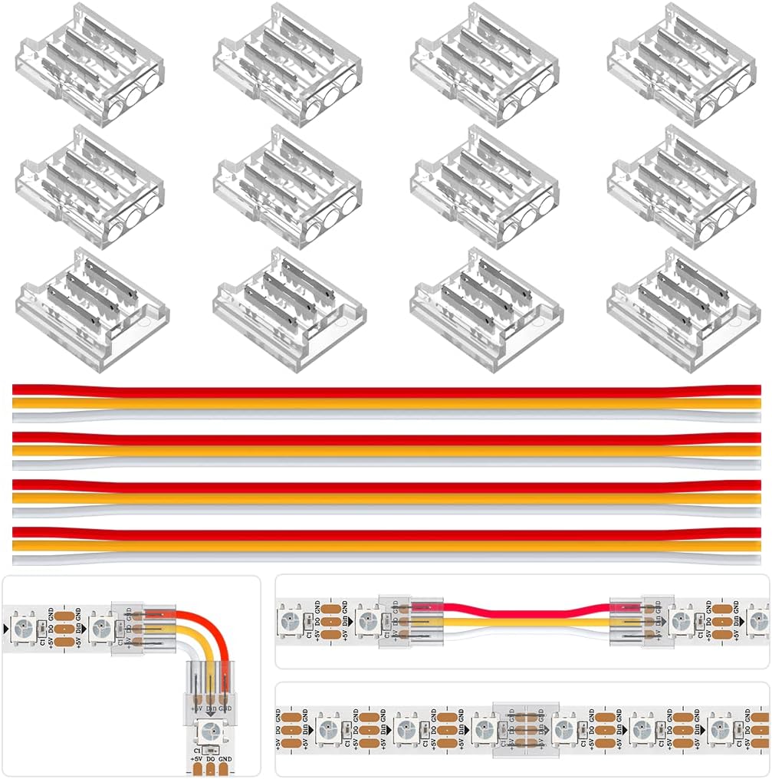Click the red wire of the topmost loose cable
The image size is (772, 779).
pos(383,391)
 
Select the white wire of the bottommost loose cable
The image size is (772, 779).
pos(383,558)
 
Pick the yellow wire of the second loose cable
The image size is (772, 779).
pos(383,451)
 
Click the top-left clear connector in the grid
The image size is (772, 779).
pos(90,63)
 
